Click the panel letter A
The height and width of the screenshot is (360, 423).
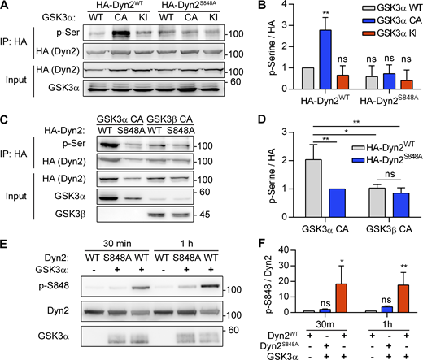click(6, 7)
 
